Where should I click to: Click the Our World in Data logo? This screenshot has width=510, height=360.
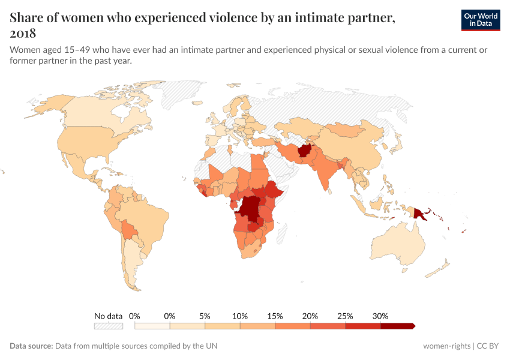[480, 20]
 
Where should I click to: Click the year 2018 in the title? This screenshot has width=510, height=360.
[23, 33]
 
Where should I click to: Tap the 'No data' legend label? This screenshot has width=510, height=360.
[108, 316]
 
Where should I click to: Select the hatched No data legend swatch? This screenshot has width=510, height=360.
[108, 326]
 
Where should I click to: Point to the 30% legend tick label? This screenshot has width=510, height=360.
[380, 316]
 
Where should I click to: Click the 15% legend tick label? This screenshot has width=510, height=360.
[275, 316]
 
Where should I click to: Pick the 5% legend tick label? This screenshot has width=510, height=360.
[205, 316]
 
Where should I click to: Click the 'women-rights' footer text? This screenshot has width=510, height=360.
[446, 346]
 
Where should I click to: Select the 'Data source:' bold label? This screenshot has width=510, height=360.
[31, 346]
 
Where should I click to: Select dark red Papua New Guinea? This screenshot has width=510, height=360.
[420, 212]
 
